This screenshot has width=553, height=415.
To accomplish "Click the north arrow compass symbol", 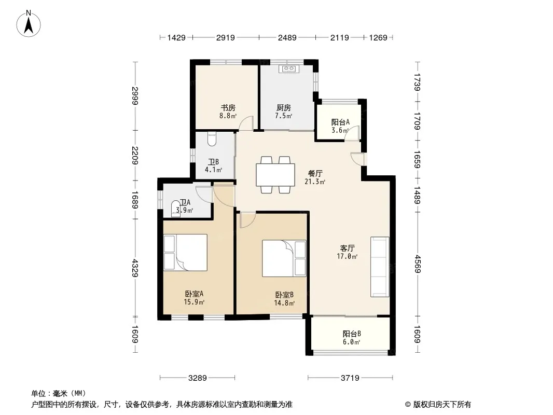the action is pos(29,24).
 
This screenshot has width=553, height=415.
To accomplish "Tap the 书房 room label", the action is pos(228,107).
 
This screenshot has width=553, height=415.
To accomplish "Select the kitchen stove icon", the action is pos(289,69).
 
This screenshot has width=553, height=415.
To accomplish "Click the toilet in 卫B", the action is pos(212,139).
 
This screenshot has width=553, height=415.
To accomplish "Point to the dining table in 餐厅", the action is pos(275,175).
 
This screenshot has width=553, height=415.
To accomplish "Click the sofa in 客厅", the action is pos(380,267).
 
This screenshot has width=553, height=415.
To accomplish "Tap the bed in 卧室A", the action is pos(185,253).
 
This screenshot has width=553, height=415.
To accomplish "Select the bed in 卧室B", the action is pos(284,258).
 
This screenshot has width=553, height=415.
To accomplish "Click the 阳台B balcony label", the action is pos(352,334).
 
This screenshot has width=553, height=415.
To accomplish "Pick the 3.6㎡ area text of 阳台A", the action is pos(340,130).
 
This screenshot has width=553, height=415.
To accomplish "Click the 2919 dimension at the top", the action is pos(225,37).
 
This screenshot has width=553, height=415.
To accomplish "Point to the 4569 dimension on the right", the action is pos(418,264).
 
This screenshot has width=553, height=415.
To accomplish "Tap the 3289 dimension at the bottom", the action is pos(198,378).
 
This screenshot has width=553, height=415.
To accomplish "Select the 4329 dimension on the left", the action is pos(135,268).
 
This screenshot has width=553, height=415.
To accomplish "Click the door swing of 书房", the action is pos(246,123).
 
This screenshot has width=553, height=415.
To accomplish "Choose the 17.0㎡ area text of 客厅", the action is pos(348,256).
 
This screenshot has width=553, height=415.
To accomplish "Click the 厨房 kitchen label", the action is pos(284,107).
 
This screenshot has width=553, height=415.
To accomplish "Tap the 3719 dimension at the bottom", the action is pos(350,378).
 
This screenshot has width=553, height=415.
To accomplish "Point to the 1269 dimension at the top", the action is pos(378,37).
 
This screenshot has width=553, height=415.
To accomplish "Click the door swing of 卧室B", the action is pos(248,219).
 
